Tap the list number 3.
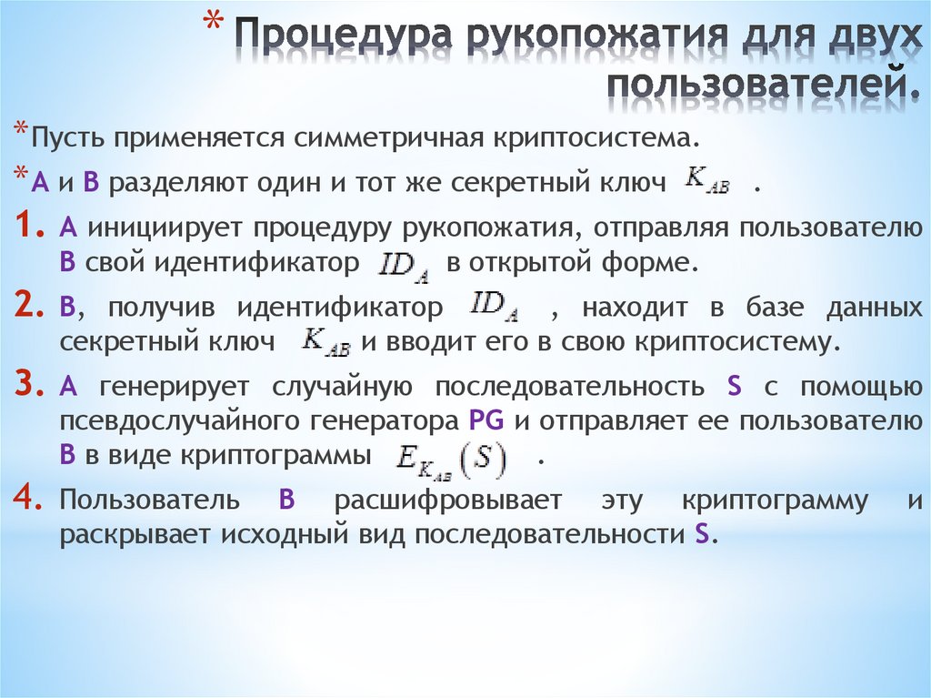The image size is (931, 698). pos(31,385)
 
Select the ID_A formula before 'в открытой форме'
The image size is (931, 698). pos(404,263)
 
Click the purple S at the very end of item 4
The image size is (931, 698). pos(700,534)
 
